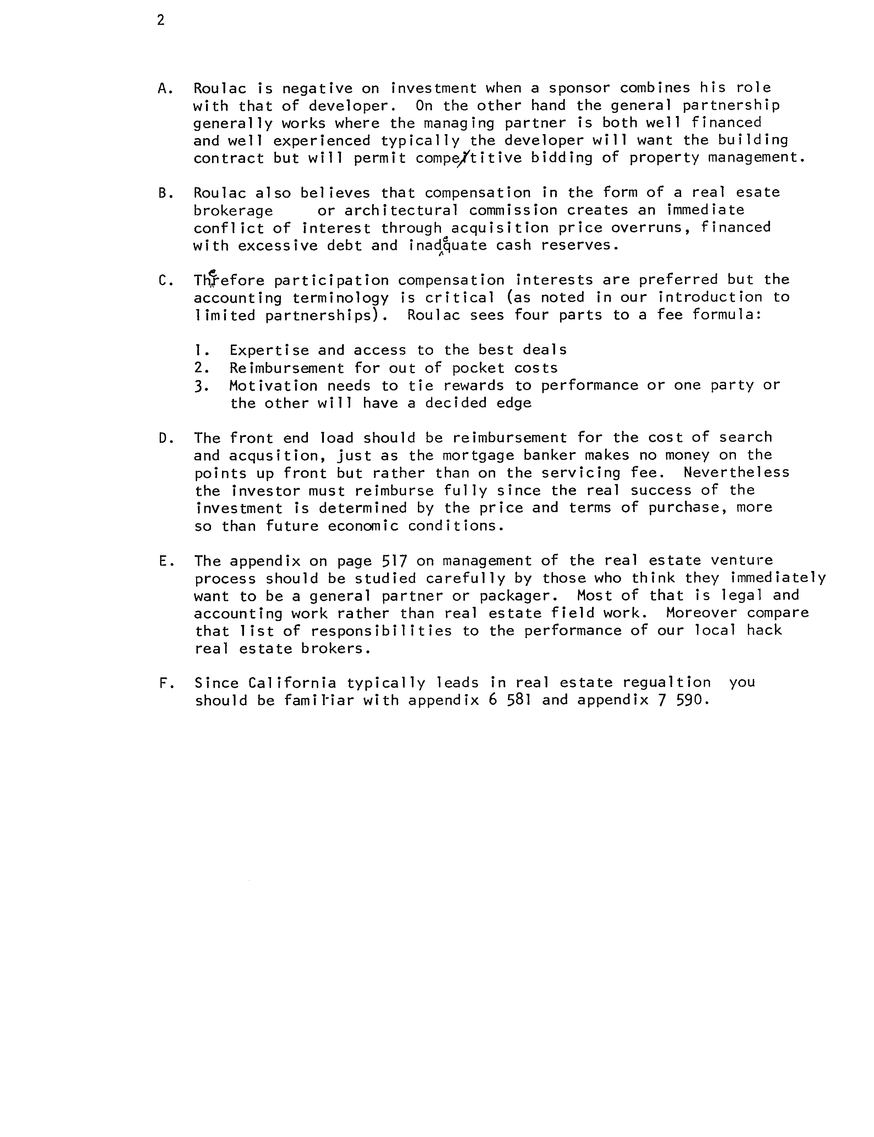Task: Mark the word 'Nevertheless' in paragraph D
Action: [736, 473]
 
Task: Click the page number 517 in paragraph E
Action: [394, 561]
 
